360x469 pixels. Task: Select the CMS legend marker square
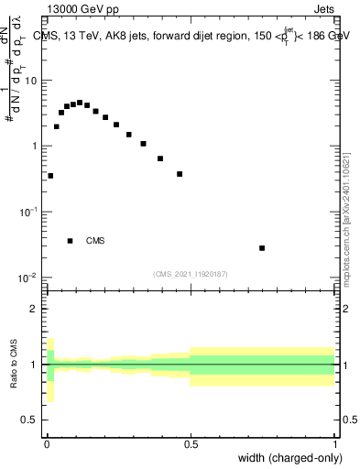71,241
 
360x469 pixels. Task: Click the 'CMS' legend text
95,241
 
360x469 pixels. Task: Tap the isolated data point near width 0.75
262,248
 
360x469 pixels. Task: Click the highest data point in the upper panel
80,103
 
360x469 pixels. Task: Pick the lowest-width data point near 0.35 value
50,175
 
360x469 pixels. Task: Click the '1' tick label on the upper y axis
34,147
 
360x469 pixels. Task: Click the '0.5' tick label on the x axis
191,442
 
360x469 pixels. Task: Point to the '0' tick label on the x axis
47,442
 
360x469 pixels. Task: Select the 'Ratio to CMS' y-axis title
14,365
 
